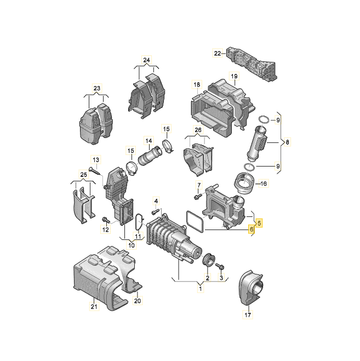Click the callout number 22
[x=217, y=53]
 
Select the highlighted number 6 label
[x=252, y=230]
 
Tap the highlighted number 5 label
[x=260, y=223]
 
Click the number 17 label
[x=247, y=315]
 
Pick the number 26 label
[x=198, y=130]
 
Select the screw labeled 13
[x=96, y=171]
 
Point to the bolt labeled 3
[x=220, y=266]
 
